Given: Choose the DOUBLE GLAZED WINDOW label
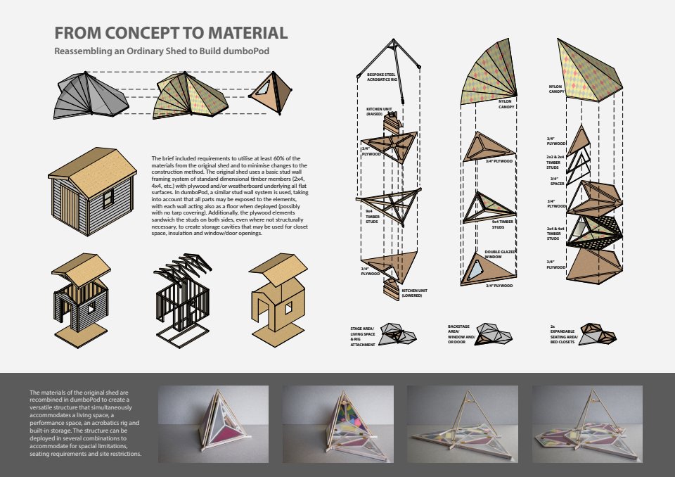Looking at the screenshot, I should tap(501, 253).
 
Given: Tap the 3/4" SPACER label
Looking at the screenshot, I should tap(556, 181).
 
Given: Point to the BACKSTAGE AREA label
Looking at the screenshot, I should tap(461, 333).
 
